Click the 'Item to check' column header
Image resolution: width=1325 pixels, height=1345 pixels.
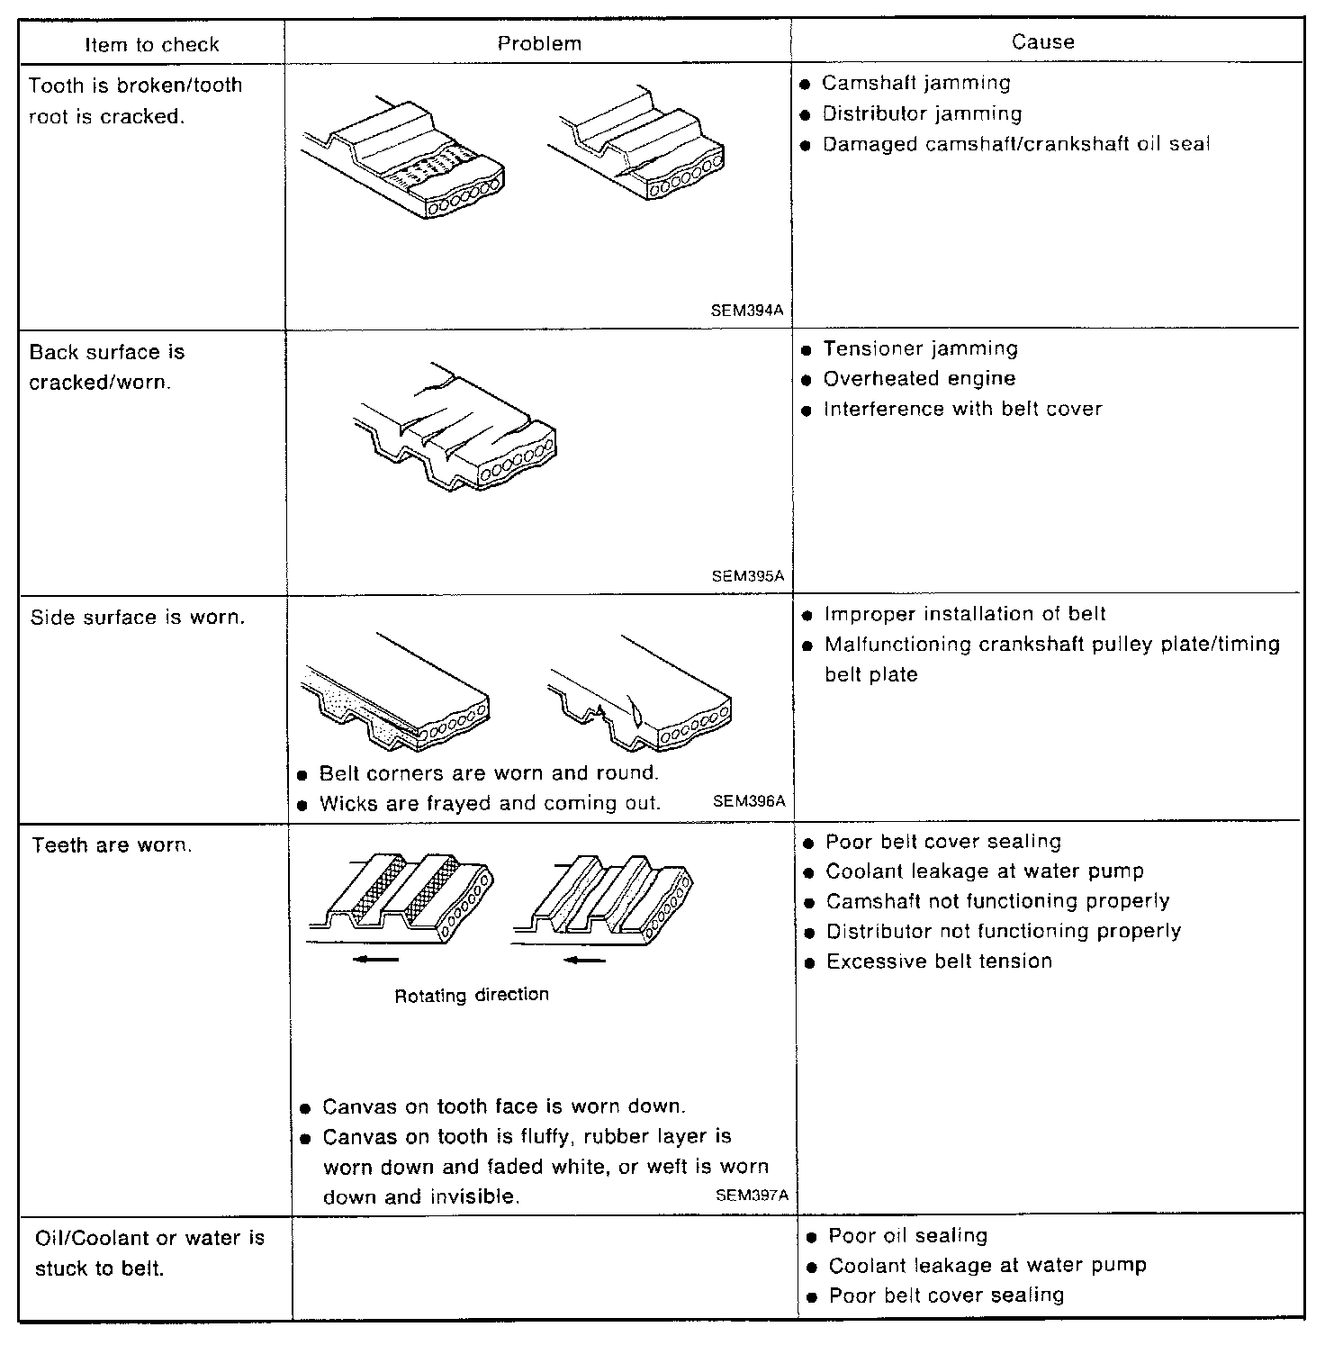151,44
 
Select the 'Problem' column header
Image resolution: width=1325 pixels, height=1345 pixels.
539,43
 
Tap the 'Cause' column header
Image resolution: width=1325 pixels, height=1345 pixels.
1042,41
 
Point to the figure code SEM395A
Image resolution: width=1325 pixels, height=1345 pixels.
747,576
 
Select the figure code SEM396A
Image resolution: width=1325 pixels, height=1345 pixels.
749,800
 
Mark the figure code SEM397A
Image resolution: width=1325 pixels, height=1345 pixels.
752,1196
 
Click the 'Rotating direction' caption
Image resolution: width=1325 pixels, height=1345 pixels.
472,995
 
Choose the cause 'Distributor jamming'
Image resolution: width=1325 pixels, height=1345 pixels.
922,114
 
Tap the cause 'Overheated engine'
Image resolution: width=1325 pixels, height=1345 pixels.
919,379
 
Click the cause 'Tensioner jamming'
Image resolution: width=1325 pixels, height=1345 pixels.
920,348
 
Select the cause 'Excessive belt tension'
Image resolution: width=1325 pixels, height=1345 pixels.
939,961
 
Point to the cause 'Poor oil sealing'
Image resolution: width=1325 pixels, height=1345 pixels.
907,1236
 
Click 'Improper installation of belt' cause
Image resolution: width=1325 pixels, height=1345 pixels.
965,614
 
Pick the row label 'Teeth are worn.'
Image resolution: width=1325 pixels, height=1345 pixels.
113,845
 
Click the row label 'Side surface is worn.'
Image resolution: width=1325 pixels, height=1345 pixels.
137,618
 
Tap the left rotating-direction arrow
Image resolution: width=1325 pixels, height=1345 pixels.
374,960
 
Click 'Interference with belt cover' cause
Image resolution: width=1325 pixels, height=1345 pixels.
962,410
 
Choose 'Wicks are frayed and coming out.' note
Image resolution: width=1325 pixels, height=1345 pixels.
490,803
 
